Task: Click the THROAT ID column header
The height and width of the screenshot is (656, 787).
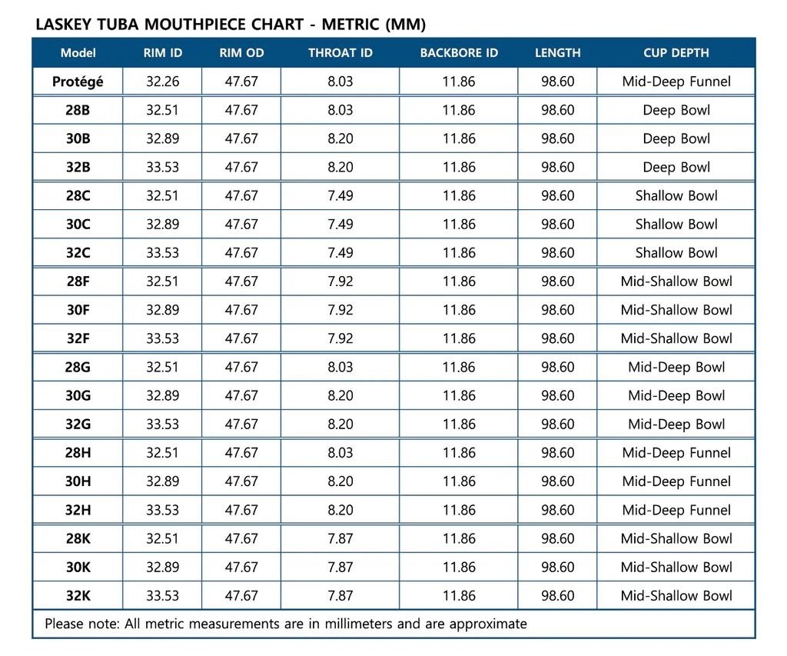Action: click(x=340, y=53)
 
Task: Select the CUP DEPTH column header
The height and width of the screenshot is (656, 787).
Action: click(x=676, y=53)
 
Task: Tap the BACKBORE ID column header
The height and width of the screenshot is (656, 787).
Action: click(x=459, y=53)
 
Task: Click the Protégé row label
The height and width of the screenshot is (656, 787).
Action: click(x=78, y=82)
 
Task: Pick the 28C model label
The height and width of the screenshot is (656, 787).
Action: click(x=78, y=195)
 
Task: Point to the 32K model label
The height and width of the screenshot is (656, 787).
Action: click(x=78, y=595)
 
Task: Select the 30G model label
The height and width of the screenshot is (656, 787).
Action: click(x=78, y=395)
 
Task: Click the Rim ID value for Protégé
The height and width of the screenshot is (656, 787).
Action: click(x=162, y=82)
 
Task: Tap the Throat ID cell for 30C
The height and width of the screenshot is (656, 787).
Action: click(x=340, y=224)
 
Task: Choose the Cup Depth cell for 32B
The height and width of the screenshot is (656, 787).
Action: click(x=676, y=167)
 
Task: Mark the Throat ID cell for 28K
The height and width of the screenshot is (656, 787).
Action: click(x=340, y=538)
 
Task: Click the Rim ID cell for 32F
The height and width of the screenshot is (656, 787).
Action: click(x=162, y=338)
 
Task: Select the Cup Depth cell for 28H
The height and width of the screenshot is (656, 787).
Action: click(x=676, y=453)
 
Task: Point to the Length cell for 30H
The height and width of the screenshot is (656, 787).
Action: click(x=557, y=481)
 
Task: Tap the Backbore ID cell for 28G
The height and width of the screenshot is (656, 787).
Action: click(x=459, y=367)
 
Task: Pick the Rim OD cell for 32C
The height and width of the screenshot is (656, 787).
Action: click(x=241, y=253)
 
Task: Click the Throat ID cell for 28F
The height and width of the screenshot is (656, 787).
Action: click(x=340, y=281)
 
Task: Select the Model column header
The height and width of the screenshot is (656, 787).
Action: click(x=78, y=53)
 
